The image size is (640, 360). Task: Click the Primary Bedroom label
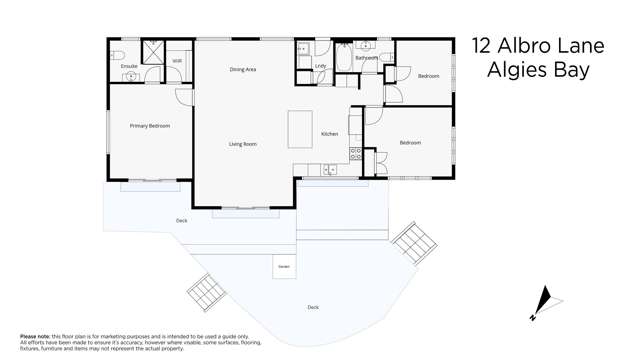(149, 126)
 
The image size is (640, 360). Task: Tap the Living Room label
(243, 144)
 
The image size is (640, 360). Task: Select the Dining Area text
(243, 70)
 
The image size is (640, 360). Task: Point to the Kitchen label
(329, 134)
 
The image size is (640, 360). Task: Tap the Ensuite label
(129, 66)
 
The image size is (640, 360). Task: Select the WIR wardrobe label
(177, 61)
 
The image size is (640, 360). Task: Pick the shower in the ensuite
(152, 52)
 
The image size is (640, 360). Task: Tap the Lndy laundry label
(320, 66)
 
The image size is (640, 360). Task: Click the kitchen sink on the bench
(330, 170)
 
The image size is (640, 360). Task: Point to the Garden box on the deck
(283, 267)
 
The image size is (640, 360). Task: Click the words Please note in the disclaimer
(36, 336)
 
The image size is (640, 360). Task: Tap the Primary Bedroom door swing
(184, 96)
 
